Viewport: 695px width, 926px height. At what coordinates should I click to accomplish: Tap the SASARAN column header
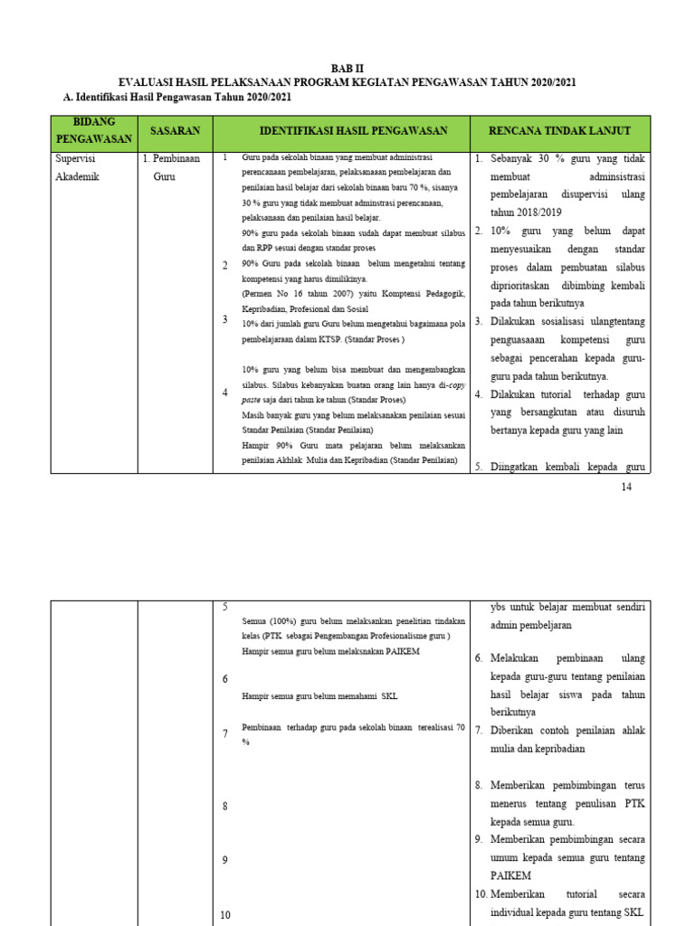tap(175, 131)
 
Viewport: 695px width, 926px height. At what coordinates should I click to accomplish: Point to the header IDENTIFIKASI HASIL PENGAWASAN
tap(354, 131)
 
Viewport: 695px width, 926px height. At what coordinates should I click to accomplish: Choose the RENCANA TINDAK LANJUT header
tap(559, 131)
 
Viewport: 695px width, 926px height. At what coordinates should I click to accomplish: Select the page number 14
tap(625, 487)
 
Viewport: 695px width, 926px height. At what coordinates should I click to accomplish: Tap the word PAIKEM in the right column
tap(510, 875)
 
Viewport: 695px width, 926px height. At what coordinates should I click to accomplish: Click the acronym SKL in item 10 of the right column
tap(633, 912)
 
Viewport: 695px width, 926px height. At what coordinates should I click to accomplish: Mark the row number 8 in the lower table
tap(224, 806)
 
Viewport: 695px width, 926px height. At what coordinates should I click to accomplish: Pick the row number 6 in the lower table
tap(224, 679)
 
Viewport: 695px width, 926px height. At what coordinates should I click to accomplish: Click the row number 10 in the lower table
tap(226, 915)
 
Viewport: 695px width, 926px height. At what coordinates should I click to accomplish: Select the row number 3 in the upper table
tap(224, 319)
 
